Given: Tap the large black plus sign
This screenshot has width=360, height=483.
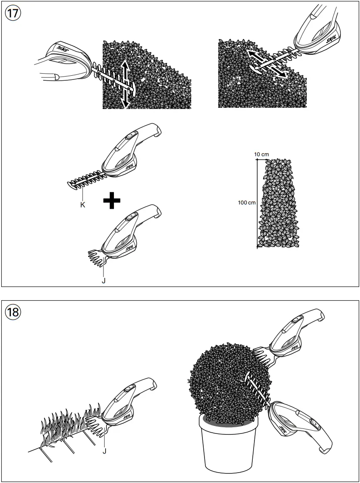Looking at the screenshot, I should click(x=112, y=201).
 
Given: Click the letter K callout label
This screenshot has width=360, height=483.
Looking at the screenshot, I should click(x=83, y=204).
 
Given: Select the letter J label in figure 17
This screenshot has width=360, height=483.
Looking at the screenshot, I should click(x=104, y=280).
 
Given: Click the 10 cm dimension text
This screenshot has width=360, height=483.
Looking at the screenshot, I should click(x=261, y=154).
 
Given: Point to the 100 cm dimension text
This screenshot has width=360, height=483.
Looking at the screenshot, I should click(x=247, y=203).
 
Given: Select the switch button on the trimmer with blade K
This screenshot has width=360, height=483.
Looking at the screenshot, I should click(x=130, y=135).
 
